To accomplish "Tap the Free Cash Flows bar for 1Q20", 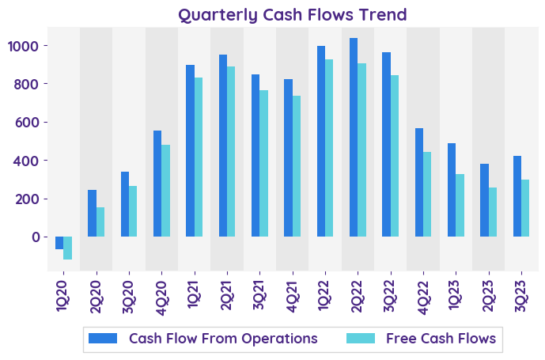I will [x=68, y=248].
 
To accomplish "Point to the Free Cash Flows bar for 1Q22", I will [x=329, y=148].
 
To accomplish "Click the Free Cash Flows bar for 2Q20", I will [x=100, y=222].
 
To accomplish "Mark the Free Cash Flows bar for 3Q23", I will [x=525, y=208].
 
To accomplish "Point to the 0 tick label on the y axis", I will [x=34, y=237].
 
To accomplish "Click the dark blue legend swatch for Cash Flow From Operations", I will [x=103, y=339].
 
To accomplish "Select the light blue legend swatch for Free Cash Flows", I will [x=361, y=339].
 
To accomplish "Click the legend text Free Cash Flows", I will [x=441, y=339].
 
